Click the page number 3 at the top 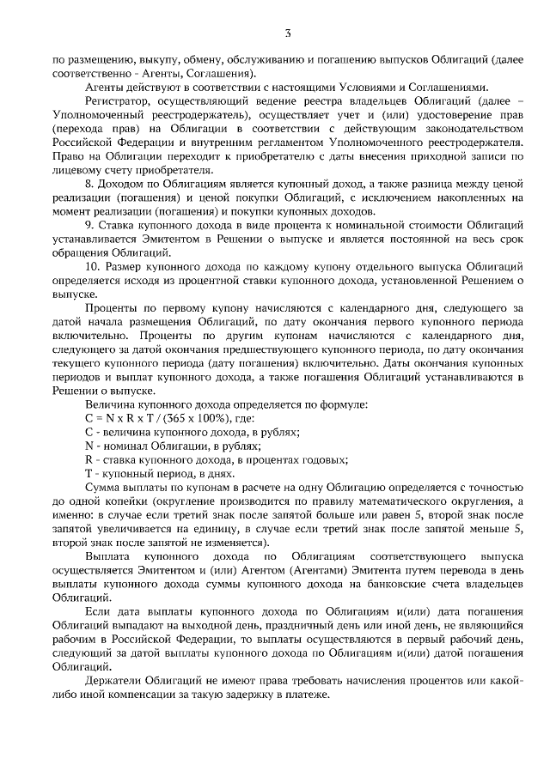[x=288, y=33]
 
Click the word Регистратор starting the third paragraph [x=120, y=100]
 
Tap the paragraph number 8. [x=89, y=185]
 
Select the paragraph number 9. [x=89, y=225]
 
